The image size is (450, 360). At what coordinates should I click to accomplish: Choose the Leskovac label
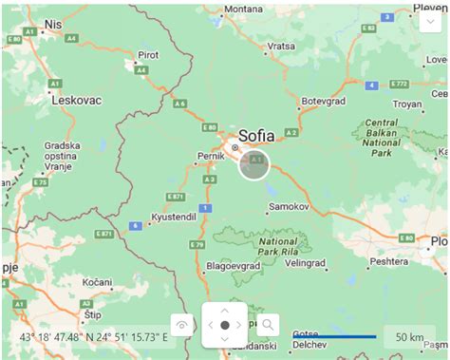click(x=75, y=99)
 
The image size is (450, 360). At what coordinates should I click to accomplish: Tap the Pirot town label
click(x=148, y=56)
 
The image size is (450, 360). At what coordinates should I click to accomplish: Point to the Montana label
click(x=243, y=9)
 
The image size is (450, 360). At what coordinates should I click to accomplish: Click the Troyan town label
click(x=407, y=103)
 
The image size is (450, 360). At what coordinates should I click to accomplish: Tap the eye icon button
click(x=182, y=325)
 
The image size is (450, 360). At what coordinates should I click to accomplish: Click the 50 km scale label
click(x=409, y=337)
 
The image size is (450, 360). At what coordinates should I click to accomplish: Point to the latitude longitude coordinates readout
click(x=93, y=337)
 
